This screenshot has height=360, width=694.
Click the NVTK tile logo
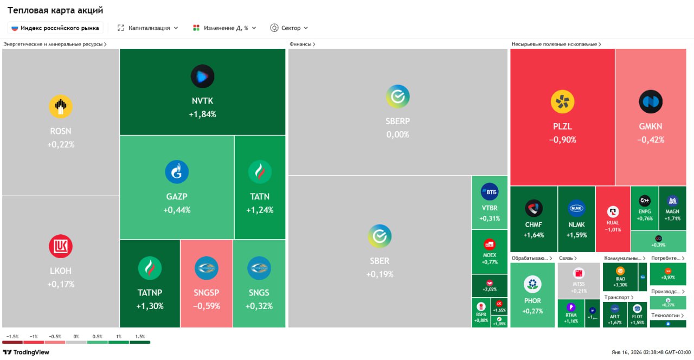pyautogui.click(x=202, y=76)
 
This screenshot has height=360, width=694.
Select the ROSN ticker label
pyautogui.click(x=61, y=131)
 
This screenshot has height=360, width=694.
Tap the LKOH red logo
pyautogui.click(x=61, y=246)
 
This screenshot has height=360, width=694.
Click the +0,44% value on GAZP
pyautogui.click(x=177, y=210)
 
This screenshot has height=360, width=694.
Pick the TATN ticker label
pyautogui.click(x=260, y=196)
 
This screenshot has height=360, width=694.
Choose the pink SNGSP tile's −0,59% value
pyautogui.click(x=206, y=306)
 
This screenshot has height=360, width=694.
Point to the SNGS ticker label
pyautogui.click(x=259, y=293)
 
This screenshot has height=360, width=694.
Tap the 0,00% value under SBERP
pyautogui.click(x=398, y=134)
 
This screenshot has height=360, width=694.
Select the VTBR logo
pyautogui.click(x=490, y=192)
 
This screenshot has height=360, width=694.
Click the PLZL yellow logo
pyautogui.click(x=562, y=102)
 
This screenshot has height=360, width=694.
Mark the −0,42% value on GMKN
pyautogui.click(x=651, y=139)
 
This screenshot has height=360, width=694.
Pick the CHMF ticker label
pyautogui.click(x=534, y=224)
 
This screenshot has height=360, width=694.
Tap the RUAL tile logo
pyautogui.click(x=613, y=212)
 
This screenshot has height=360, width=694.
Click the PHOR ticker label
pyautogui.click(x=532, y=301)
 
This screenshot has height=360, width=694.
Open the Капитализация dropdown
pyautogui.click(x=147, y=28)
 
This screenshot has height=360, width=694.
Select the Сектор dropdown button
pyautogui.click(x=289, y=28)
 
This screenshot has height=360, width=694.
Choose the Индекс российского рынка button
pyautogui.click(x=55, y=28)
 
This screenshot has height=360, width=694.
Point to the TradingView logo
pyautogui.click(x=26, y=352)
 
